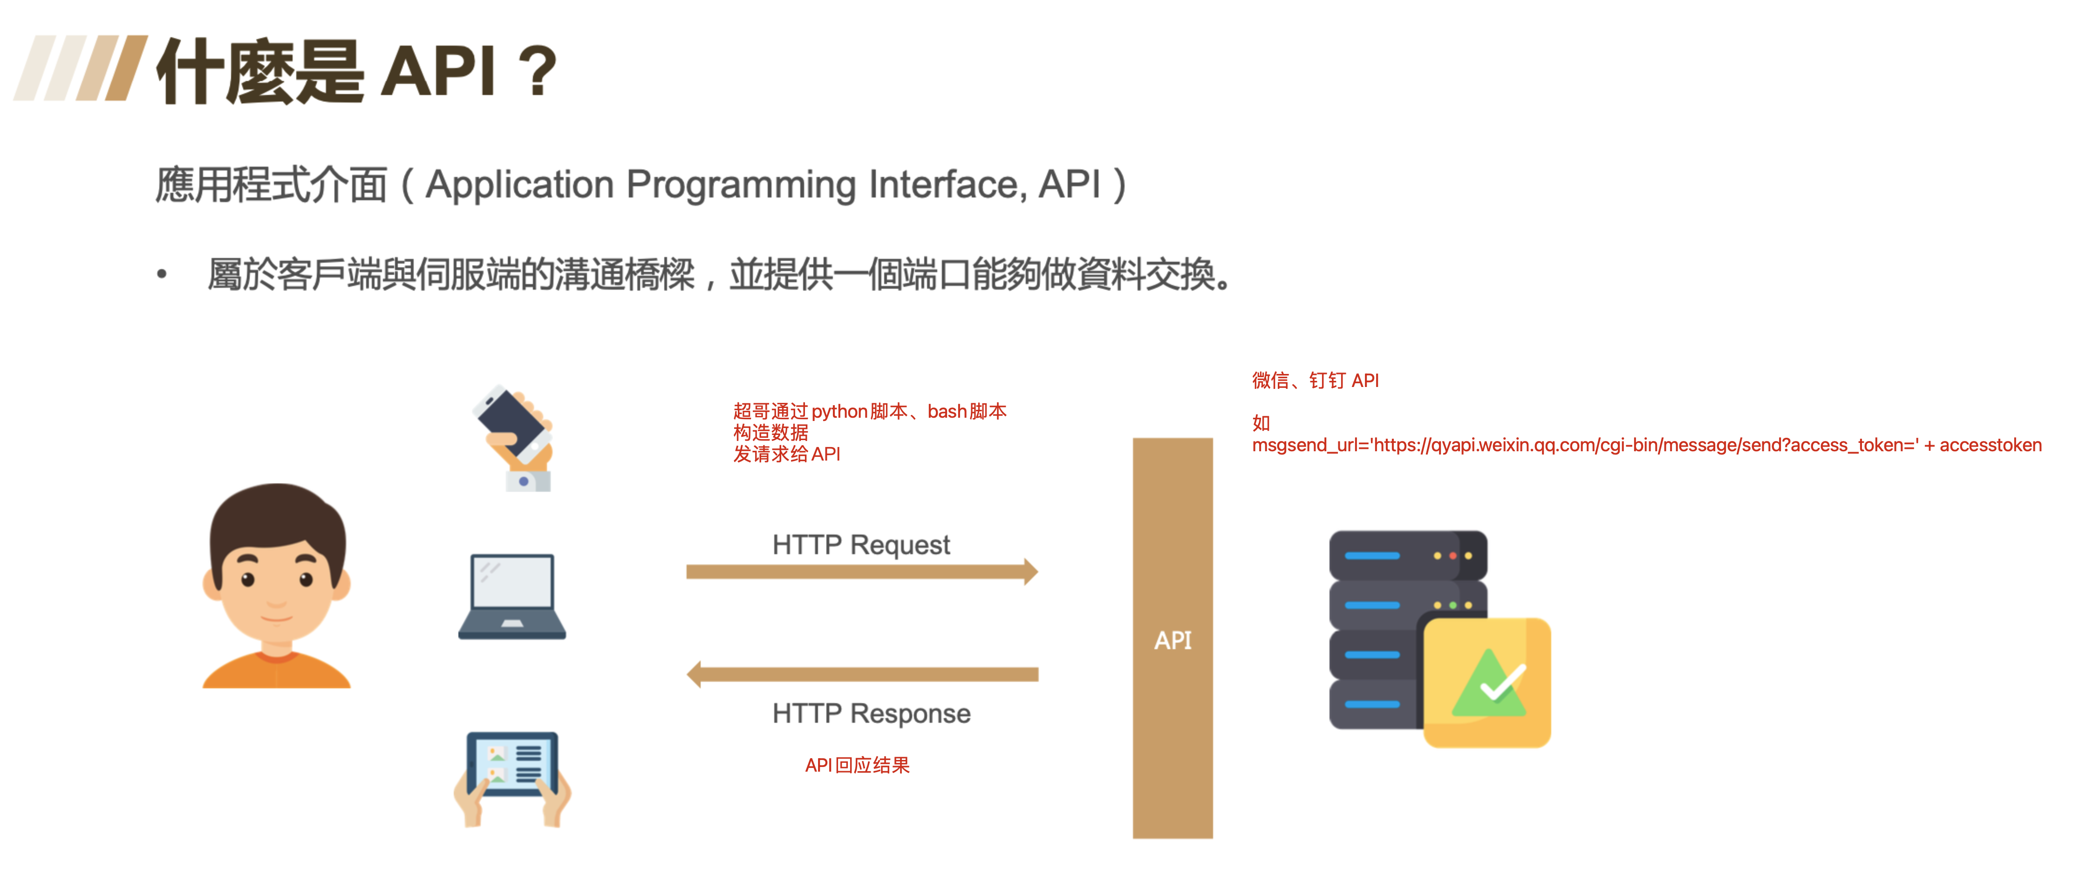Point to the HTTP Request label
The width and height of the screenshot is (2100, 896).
coord(861,544)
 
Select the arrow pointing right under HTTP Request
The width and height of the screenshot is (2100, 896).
coord(861,571)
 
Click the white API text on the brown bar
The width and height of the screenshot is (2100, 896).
coord(1172,640)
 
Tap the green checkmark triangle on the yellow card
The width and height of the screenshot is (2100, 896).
coord(1489,685)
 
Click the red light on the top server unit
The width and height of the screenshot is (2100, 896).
coord(1452,556)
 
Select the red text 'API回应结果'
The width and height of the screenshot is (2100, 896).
coord(857,765)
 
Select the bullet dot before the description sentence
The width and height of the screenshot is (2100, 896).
coord(161,275)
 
